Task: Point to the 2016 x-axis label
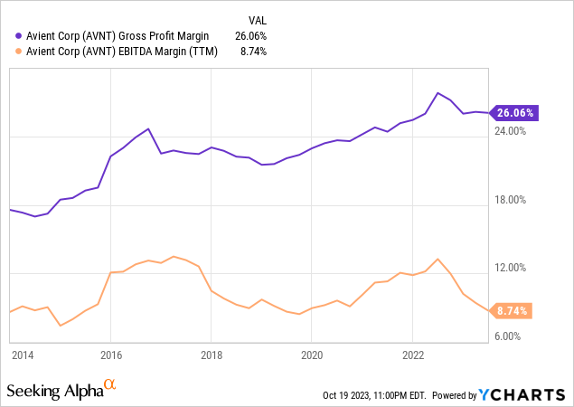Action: (x=110, y=354)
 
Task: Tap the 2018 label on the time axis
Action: (x=211, y=354)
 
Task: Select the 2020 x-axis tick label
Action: (x=311, y=354)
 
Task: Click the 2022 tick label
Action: (x=412, y=354)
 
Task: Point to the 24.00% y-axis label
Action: (x=511, y=131)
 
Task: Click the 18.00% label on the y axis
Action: (x=511, y=200)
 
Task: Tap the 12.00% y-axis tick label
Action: (x=511, y=268)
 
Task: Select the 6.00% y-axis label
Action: (x=513, y=336)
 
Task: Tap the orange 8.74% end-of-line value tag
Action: (x=512, y=310)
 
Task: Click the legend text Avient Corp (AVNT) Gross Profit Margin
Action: (x=118, y=36)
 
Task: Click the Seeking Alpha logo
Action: (x=61, y=391)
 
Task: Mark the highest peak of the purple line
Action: (x=438, y=92)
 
